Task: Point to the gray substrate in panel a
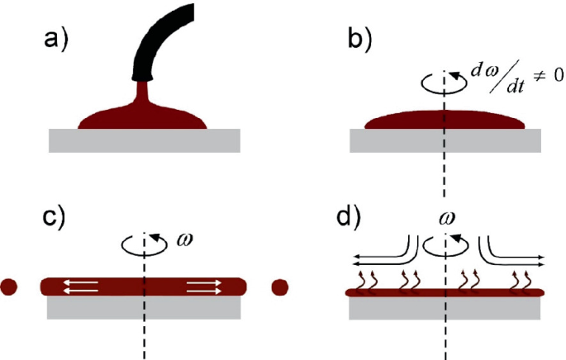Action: (145, 140)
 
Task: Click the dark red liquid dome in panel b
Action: (445, 121)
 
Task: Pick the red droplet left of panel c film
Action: (11, 287)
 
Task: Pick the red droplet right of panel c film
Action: (280, 287)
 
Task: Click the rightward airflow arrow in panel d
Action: (516, 256)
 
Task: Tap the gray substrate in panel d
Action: (445, 307)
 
